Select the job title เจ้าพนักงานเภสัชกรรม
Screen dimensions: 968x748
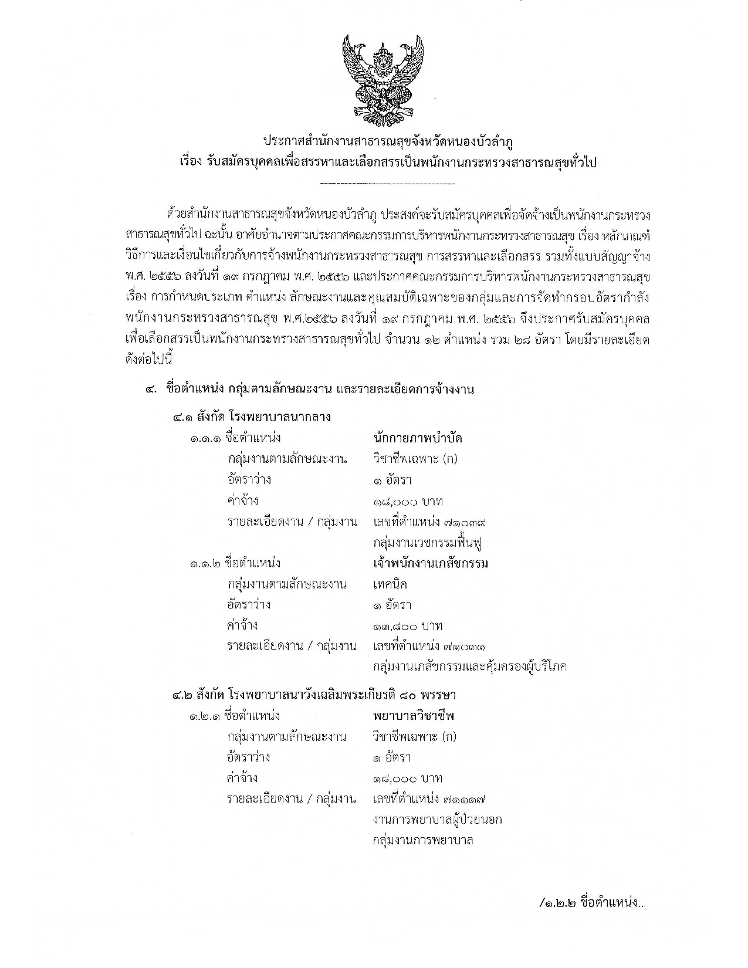point(431,563)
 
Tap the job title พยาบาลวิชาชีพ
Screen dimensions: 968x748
point(414,716)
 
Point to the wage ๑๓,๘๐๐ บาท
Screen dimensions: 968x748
point(408,625)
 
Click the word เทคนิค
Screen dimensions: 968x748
point(390,584)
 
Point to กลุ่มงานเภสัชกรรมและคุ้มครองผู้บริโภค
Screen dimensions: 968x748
point(469,667)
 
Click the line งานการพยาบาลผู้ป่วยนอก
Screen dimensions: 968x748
point(437,820)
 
